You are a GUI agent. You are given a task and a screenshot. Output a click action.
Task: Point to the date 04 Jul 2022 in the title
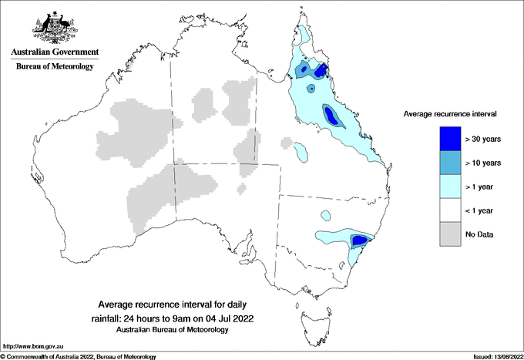(x=229, y=318)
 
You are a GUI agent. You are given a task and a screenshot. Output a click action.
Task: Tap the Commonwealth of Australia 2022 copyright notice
(x=79, y=356)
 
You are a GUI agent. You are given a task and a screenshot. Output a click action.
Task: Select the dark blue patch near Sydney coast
(x=359, y=241)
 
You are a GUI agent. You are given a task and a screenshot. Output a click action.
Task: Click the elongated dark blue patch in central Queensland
(x=334, y=117)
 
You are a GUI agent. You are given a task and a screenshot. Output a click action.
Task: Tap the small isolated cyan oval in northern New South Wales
(x=325, y=215)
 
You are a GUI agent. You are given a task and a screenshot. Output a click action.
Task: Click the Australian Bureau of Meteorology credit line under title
(x=173, y=330)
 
